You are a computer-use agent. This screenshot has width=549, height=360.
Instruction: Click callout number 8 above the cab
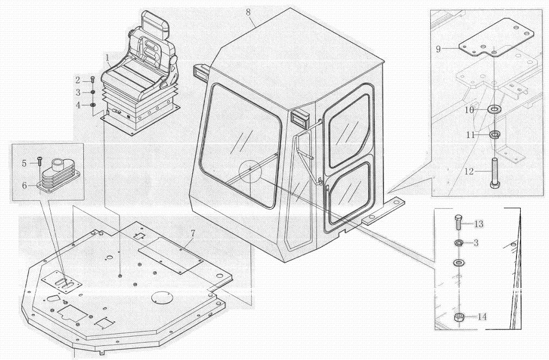[248, 12]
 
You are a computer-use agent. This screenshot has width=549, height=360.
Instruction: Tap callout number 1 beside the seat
[108, 57]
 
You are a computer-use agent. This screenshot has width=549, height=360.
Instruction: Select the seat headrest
[155, 22]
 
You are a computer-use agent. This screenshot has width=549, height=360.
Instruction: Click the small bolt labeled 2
[93, 80]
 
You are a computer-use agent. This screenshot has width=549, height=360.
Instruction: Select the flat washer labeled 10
[494, 109]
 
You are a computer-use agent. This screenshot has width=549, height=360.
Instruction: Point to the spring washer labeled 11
[493, 134]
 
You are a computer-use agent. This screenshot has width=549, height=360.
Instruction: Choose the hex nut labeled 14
[459, 318]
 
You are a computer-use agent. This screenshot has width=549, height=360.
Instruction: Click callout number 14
[482, 316]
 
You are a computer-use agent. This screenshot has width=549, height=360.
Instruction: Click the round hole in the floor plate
[162, 298]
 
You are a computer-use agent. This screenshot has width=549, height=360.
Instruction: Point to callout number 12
[469, 171]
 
